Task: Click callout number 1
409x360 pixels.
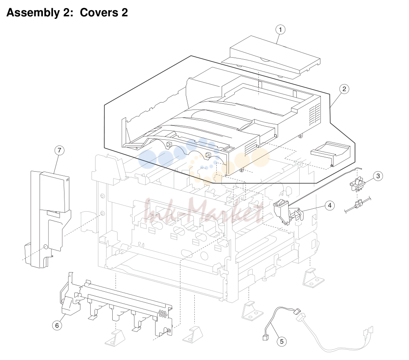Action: coord(280,29)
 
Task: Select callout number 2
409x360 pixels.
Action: coord(345,89)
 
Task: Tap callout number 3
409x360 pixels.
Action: coord(378,176)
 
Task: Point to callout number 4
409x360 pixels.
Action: coord(330,206)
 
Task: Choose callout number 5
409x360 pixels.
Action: coord(282,342)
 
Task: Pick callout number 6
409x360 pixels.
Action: coord(57,325)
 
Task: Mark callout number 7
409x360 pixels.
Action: coord(60,150)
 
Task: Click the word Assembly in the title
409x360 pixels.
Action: coord(33,13)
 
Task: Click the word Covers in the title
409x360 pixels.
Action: coord(99,13)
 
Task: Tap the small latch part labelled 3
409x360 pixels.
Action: coord(357,183)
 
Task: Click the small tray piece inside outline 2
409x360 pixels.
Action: coord(330,154)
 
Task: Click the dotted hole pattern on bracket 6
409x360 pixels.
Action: coord(162,314)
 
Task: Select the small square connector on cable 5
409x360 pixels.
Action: coord(266,338)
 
